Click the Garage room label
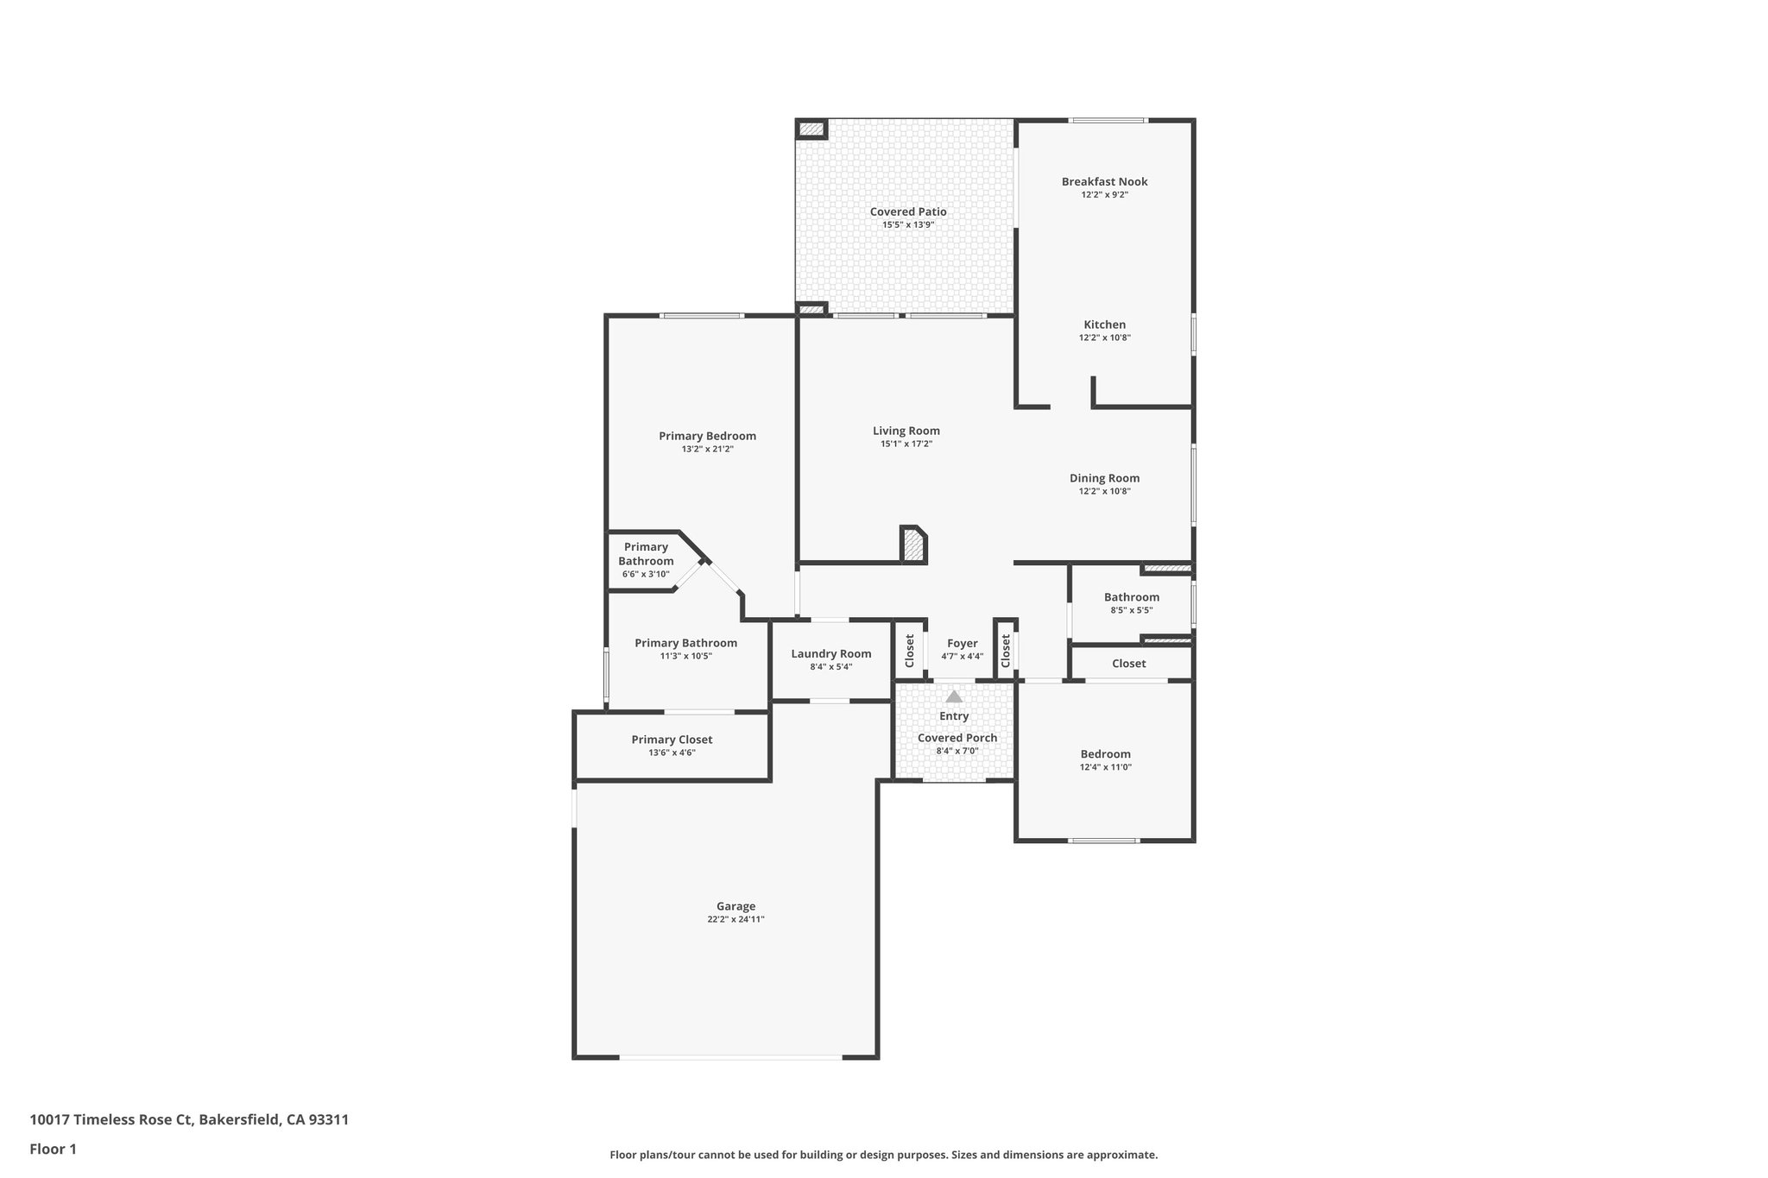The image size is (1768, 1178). click(736, 906)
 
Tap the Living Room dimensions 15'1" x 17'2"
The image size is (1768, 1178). click(906, 444)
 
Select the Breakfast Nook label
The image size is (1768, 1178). click(1104, 181)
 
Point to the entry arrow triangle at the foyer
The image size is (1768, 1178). click(953, 696)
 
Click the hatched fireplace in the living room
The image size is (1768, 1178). click(912, 545)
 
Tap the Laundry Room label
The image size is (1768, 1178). click(830, 653)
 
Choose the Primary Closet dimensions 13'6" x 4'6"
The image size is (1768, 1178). click(672, 753)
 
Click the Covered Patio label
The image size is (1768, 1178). click(907, 211)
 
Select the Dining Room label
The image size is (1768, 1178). click(1104, 478)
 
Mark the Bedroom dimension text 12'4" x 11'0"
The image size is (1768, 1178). click(1105, 767)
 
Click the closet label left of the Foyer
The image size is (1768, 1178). click(909, 651)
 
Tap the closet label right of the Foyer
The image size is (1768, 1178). click(1006, 651)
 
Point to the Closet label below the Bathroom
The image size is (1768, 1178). click(1128, 664)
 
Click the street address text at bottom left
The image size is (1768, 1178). click(189, 1120)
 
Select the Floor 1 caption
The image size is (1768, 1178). click(53, 1149)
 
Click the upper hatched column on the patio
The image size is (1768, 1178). click(811, 129)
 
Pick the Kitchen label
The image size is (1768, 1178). click(1104, 324)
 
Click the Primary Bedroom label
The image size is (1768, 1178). click(707, 436)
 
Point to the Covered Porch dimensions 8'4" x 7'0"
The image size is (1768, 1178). click(957, 751)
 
